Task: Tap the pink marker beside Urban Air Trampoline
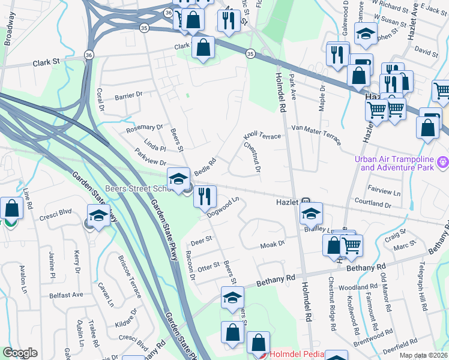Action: tap(443, 161)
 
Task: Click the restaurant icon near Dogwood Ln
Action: tap(205, 196)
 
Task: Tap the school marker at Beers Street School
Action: tap(178, 179)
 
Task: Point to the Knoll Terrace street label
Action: tap(262, 137)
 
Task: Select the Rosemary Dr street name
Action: tap(144, 128)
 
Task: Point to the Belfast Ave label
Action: tap(67, 295)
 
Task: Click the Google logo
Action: tap(20, 353)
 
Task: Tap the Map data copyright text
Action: tap(423, 355)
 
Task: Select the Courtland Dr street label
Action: tap(373, 205)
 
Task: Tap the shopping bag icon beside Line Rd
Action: tap(11, 209)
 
